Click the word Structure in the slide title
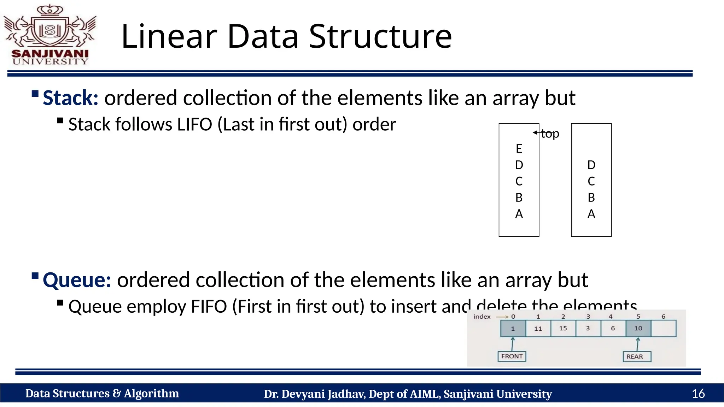coord(380,36)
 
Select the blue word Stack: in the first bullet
coord(70,98)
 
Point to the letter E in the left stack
coord(519,149)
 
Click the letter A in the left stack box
coord(519,214)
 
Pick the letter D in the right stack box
coord(591,165)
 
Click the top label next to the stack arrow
coord(550,134)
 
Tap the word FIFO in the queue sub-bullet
coord(209,306)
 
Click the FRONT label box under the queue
coord(512,356)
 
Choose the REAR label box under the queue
coord(637,356)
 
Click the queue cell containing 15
coord(563,328)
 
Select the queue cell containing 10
coord(638,328)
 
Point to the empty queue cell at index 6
coord(663,328)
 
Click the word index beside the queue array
coord(482,317)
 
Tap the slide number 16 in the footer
coord(698,394)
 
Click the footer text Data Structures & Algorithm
coord(102,394)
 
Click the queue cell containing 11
coord(538,328)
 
